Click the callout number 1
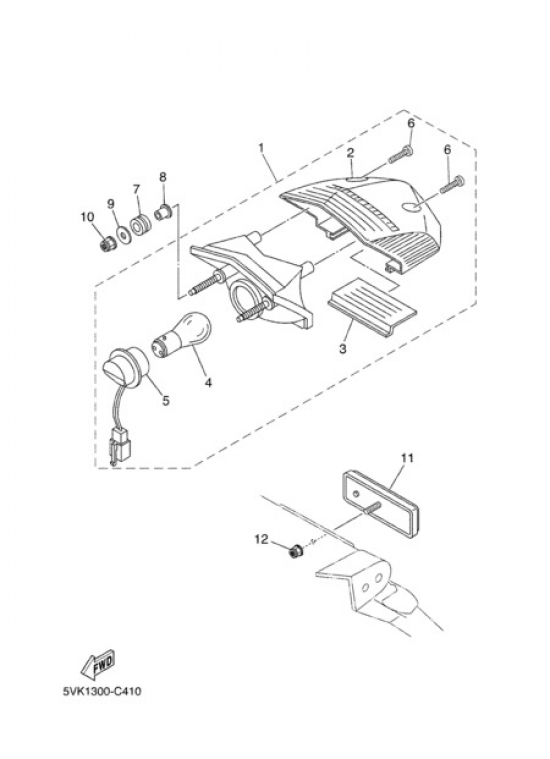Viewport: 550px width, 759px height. [261, 148]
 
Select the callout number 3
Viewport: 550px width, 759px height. [343, 348]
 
